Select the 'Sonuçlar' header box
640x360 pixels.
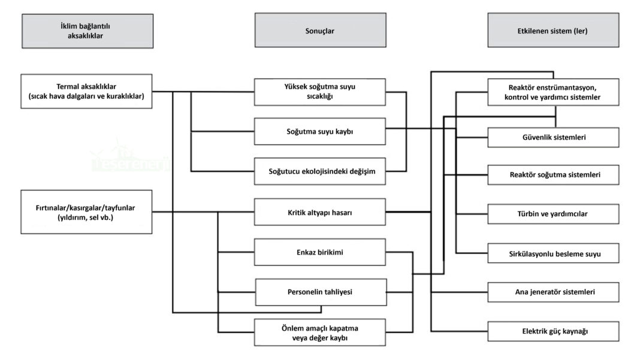[319, 31]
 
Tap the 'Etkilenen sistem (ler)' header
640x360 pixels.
[552, 31]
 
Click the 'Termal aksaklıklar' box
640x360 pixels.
[86, 92]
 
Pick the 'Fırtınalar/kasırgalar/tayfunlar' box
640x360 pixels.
[86, 212]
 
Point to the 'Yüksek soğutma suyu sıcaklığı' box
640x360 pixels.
[319, 92]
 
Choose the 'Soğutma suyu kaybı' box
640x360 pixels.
[319, 131]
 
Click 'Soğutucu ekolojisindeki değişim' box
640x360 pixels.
[319, 171]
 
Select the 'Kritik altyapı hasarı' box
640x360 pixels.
[319, 212]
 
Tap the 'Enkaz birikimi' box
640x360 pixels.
[319, 252]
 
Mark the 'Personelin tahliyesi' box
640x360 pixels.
[319, 292]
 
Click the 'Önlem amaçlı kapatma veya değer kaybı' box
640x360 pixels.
[319, 332]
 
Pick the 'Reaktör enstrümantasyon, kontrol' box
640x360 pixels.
[553, 92]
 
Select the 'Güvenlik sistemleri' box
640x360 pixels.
[553, 137]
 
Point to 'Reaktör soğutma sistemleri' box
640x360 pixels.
[553, 175]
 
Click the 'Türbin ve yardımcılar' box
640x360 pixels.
[553, 214]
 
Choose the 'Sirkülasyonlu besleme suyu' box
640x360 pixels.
[553, 253]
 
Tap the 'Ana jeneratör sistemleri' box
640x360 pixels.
[553, 292]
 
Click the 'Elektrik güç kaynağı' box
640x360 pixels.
[553, 331]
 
